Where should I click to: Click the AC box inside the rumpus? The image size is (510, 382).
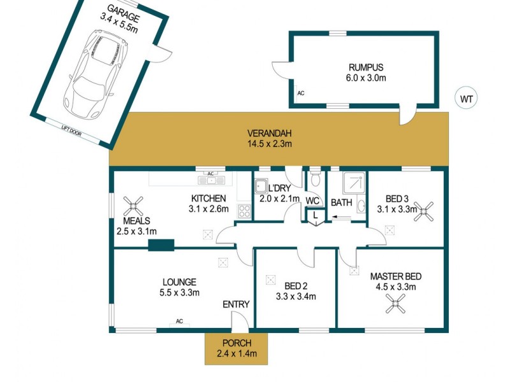[x=301, y=93]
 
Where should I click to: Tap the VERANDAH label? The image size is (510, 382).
[x=269, y=133]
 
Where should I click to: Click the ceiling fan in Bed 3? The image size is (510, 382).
[x=424, y=210]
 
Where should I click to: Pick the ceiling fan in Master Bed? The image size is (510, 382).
[x=396, y=306]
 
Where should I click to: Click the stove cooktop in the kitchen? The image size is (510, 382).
[x=244, y=211]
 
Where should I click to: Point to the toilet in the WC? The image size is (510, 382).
[x=314, y=178]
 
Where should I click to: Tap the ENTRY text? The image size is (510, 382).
[x=235, y=305]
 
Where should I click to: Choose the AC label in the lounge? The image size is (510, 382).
[x=180, y=321]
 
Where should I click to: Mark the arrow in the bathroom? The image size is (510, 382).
[x=340, y=218]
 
